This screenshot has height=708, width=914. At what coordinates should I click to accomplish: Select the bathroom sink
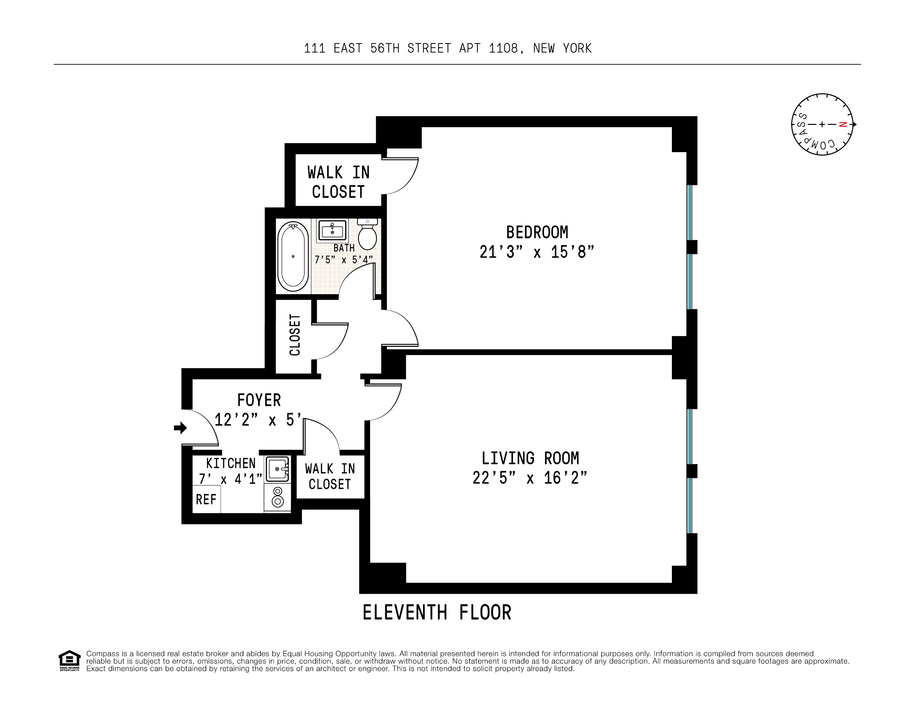(x=332, y=230)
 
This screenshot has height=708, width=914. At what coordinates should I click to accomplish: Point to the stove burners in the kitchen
(x=277, y=497)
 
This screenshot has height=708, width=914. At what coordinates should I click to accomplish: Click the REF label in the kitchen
(x=206, y=500)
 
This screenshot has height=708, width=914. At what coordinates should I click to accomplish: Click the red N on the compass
(x=843, y=124)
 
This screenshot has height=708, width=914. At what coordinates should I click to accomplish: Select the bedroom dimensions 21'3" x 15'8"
(x=537, y=252)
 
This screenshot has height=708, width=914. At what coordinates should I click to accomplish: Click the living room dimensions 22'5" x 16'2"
(x=530, y=478)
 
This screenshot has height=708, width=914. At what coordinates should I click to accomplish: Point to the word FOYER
(x=259, y=400)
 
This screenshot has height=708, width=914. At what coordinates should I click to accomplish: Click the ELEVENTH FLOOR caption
(x=436, y=613)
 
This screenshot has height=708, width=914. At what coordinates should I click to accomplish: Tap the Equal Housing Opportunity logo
(x=69, y=661)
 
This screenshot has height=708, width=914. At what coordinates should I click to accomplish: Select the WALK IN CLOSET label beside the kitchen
(x=330, y=477)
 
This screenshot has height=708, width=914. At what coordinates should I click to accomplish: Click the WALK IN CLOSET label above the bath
(x=338, y=182)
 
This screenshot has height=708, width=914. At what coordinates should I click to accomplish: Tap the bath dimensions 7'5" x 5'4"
(x=344, y=260)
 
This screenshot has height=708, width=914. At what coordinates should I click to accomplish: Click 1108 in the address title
(x=504, y=49)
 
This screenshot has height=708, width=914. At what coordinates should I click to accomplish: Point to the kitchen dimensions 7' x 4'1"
(x=230, y=479)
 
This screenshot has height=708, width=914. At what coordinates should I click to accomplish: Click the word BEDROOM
(x=537, y=232)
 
